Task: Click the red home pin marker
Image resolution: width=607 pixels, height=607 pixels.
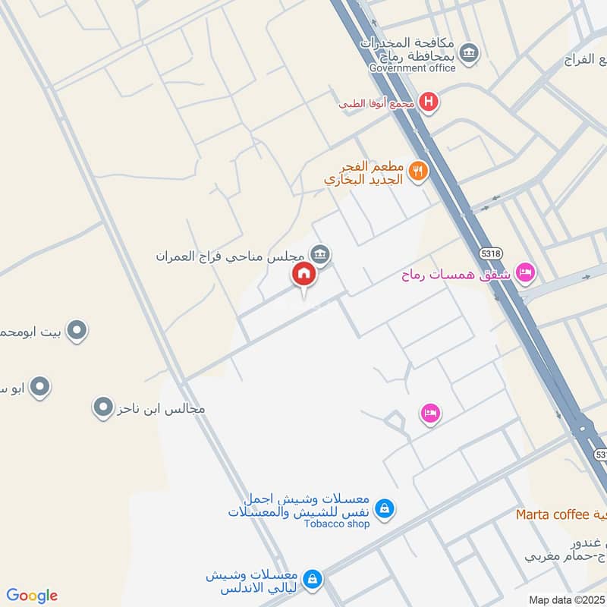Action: click(303, 275)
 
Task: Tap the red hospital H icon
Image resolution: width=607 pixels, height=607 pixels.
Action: click(429, 102)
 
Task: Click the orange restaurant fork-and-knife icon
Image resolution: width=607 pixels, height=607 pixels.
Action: click(417, 171)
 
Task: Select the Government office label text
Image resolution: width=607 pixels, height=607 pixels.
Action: click(412, 68)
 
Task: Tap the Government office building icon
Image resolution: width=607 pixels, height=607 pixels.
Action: click(470, 52)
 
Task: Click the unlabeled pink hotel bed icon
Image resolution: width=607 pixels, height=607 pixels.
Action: click(430, 413)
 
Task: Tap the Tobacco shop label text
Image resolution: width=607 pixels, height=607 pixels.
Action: click(337, 524)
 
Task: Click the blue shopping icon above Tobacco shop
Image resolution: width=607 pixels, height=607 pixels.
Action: click(385, 507)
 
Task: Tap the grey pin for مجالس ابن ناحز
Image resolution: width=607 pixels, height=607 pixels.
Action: click(102, 408)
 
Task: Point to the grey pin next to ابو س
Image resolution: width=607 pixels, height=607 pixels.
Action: click(42, 387)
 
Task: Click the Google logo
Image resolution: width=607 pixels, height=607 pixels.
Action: click(32, 596)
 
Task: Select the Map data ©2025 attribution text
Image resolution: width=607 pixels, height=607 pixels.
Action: click(565, 600)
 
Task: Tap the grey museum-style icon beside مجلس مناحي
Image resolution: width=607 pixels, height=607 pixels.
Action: click(320, 254)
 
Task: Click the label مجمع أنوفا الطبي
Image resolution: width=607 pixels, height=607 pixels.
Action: click(376, 103)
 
